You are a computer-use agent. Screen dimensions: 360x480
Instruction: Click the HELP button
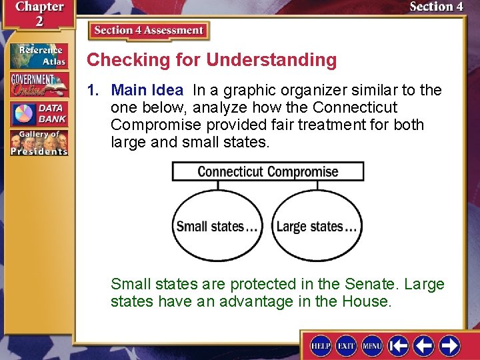[x=321, y=345]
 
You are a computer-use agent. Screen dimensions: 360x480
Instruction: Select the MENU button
[x=371, y=345]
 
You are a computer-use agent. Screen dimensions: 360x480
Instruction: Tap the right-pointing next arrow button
[x=449, y=345]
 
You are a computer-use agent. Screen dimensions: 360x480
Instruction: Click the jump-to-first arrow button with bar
[x=399, y=345]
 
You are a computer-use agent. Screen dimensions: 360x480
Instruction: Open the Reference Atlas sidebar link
[x=39, y=56]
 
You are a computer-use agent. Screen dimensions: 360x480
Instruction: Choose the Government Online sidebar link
[x=39, y=85]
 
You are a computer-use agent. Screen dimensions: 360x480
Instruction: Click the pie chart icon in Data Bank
[x=24, y=113]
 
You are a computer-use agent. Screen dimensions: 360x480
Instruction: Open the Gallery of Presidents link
[x=39, y=143]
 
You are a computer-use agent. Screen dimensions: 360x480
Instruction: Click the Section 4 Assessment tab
[x=149, y=31]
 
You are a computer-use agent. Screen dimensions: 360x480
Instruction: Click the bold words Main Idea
[x=147, y=90]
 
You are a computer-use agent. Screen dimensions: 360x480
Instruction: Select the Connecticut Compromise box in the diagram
[x=268, y=171]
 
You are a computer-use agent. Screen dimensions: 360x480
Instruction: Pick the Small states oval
[x=217, y=227]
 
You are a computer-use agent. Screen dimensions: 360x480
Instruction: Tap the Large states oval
[x=317, y=227]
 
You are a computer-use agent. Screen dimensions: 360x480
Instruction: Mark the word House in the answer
[x=365, y=301]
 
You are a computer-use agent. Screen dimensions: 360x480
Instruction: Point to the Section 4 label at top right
[x=436, y=7]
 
